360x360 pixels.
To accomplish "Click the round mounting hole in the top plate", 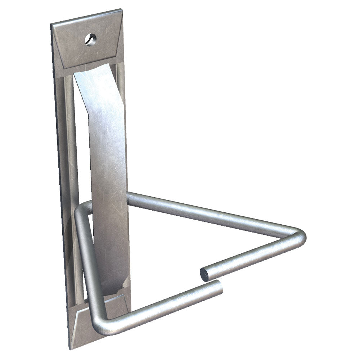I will coord(91,39).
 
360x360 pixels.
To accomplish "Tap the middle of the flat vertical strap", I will coord(108,180).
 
